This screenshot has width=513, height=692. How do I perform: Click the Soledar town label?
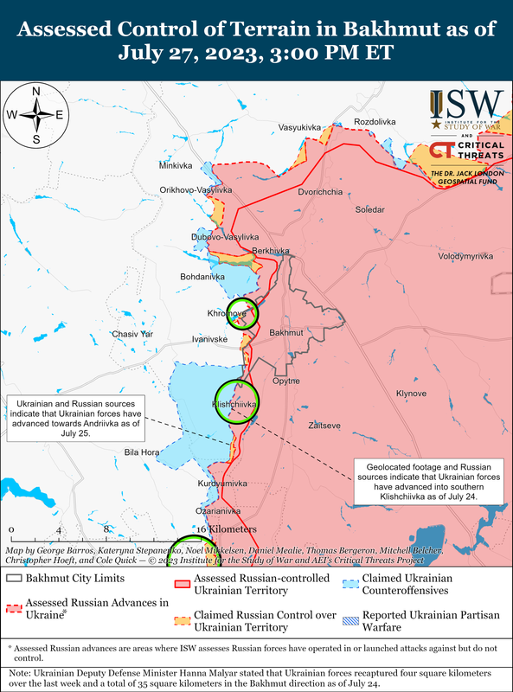[x=369, y=210]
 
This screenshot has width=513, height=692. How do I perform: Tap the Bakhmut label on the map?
[x=285, y=332]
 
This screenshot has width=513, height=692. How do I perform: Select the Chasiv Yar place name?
[x=133, y=334]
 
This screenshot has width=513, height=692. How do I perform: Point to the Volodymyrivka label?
[x=465, y=257]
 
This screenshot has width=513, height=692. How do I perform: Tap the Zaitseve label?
[x=325, y=426]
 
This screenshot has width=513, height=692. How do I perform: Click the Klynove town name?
[x=411, y=394]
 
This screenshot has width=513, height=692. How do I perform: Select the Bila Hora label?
[x=142, y=452]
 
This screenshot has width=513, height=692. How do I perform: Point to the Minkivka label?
[x=177, y=165]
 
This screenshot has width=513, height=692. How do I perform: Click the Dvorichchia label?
[x=320, y=192]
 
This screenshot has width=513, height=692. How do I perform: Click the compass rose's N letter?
[x=35, y=92]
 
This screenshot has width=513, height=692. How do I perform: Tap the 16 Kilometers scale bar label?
[x=227, y=529]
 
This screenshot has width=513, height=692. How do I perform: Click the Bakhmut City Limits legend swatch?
[x=14, y=578]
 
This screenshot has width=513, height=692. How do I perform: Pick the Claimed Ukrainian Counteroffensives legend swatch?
[x=349, y=578]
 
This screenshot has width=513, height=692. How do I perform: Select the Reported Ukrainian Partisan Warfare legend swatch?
[x=349, y=618]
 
